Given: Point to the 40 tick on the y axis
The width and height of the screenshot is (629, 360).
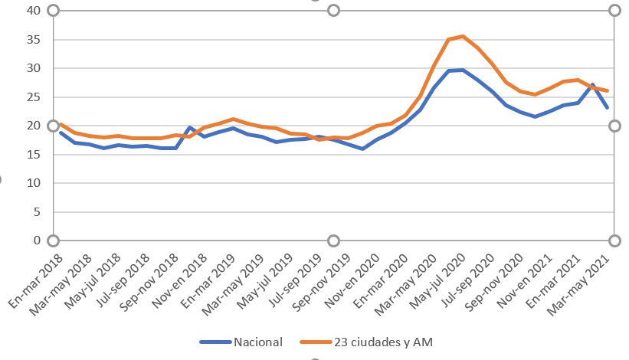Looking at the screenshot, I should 33,11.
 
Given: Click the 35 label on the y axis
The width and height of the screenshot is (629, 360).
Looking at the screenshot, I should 33,40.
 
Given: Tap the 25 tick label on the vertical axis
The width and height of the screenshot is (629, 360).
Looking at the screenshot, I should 33,97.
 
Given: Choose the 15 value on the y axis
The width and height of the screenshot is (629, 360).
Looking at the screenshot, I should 33,155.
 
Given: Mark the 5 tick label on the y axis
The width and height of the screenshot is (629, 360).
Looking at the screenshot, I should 36,212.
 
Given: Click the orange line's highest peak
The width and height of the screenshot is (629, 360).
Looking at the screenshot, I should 463,36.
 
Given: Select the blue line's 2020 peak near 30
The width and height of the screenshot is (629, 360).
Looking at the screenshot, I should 463,70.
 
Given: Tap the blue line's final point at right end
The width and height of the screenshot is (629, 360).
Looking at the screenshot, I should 607,107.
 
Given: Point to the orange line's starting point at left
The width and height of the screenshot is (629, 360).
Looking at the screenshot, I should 61,124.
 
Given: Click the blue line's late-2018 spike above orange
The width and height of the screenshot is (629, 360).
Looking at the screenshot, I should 189,127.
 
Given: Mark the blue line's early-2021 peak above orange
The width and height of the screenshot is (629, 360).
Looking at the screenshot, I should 592,84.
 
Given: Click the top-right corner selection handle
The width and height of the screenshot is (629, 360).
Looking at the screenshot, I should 614,11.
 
